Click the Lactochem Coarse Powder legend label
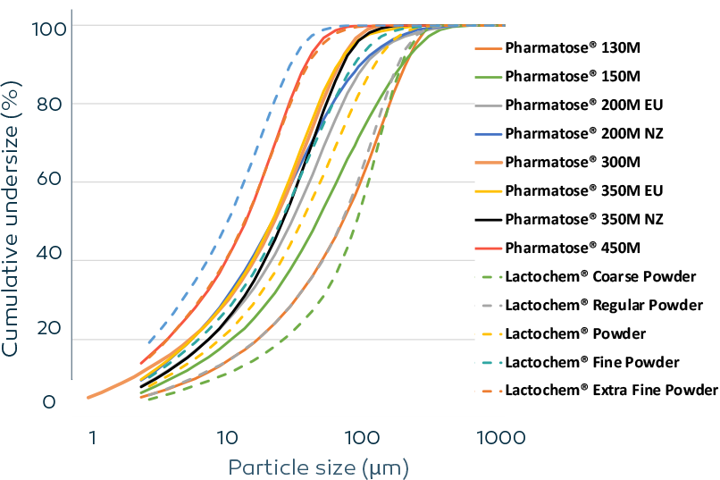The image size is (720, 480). pos(601,276)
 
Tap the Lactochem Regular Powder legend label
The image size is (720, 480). pos(604,305)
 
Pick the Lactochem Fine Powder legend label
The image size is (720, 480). pos(592,362)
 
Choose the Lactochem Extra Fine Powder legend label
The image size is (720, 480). pos(611,391)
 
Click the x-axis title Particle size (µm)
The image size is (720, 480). pos(318,467)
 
